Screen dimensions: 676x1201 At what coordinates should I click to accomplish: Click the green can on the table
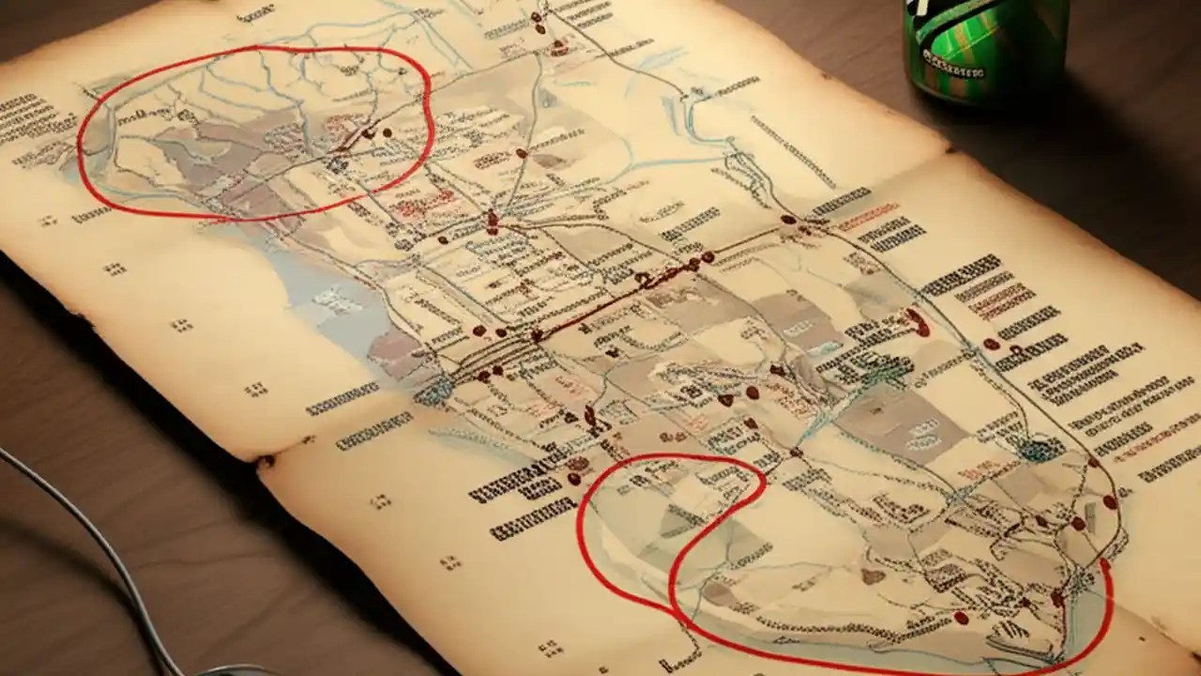pos(985,47)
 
